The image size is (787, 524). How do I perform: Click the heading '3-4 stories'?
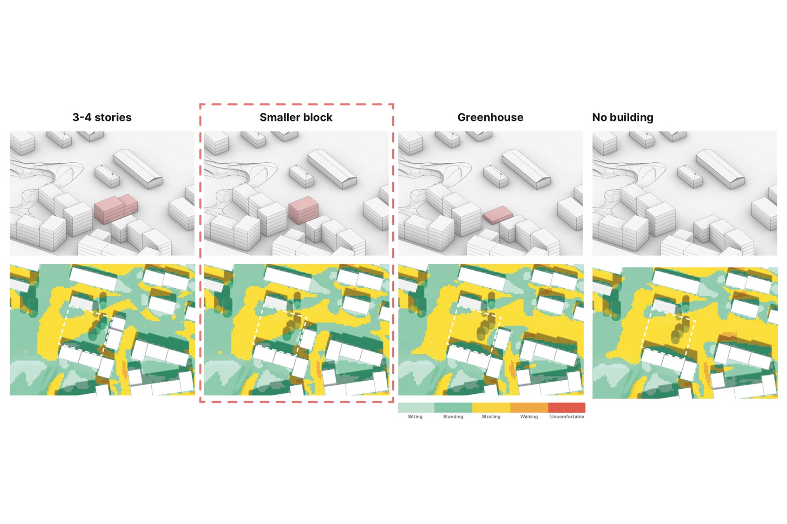(102, 117)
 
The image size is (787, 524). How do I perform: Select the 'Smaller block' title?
(296, 117)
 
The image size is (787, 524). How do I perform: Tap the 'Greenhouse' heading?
(490, 117)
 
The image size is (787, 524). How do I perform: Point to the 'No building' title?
(623, 117)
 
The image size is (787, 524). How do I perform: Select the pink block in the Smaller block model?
(303, 210)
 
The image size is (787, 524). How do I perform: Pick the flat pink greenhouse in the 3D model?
(498, 215)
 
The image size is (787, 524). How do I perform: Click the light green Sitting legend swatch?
(416, 407)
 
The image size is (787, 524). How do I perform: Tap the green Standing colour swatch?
(453, 407)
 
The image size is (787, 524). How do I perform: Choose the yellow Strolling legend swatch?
(491, 407)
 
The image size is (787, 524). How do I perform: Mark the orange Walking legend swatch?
(529, 407)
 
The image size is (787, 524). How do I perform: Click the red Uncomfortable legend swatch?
(567, 407)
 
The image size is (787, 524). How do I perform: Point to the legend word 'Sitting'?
(415, 417)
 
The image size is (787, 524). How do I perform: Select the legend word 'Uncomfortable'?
(567, 417)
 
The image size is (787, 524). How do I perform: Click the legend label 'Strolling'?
(491, 417)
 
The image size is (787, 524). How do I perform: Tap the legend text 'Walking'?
(529, 417)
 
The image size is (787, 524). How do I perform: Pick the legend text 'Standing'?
(453, 417)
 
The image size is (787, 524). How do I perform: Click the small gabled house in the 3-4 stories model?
(107, 176)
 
